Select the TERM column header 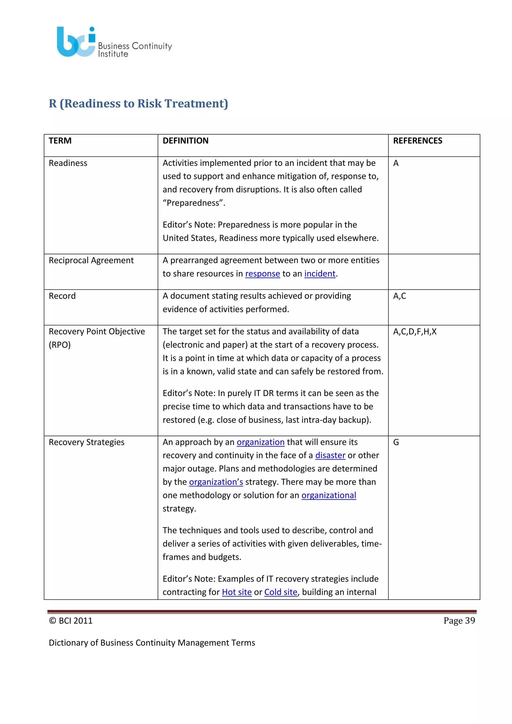(x=60, y=141)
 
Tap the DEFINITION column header (x=185, y=141)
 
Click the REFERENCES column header (x=417, y=141)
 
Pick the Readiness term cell (x=68, y=163)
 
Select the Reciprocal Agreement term (x=91, y=260)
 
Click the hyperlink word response (x=262, y=274)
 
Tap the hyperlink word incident (x=320, y=274)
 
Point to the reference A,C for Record (x=399, y=296)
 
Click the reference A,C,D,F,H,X (x=414, y=331)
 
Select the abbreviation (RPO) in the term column (x=59, y=345)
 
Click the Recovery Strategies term (x=86, y=442)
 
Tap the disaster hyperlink (x=330, y=455)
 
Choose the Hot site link (x=237, y=592)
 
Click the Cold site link (x=280, y=592)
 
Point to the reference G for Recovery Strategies (x=396, y=442)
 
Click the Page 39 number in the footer (x=459, y=620)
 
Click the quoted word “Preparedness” (x=193, y=203)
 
